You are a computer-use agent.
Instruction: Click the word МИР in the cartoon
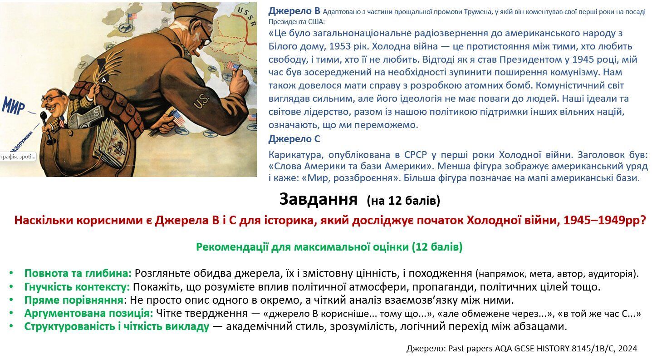13,105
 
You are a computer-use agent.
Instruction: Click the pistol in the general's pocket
93,118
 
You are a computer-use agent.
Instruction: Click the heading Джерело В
294,11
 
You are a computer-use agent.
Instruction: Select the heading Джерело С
294,139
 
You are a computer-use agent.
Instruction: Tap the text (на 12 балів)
403,200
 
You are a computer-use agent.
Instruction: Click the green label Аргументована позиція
88,313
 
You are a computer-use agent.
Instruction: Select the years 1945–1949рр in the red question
605,221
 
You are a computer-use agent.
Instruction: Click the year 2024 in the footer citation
627,349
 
